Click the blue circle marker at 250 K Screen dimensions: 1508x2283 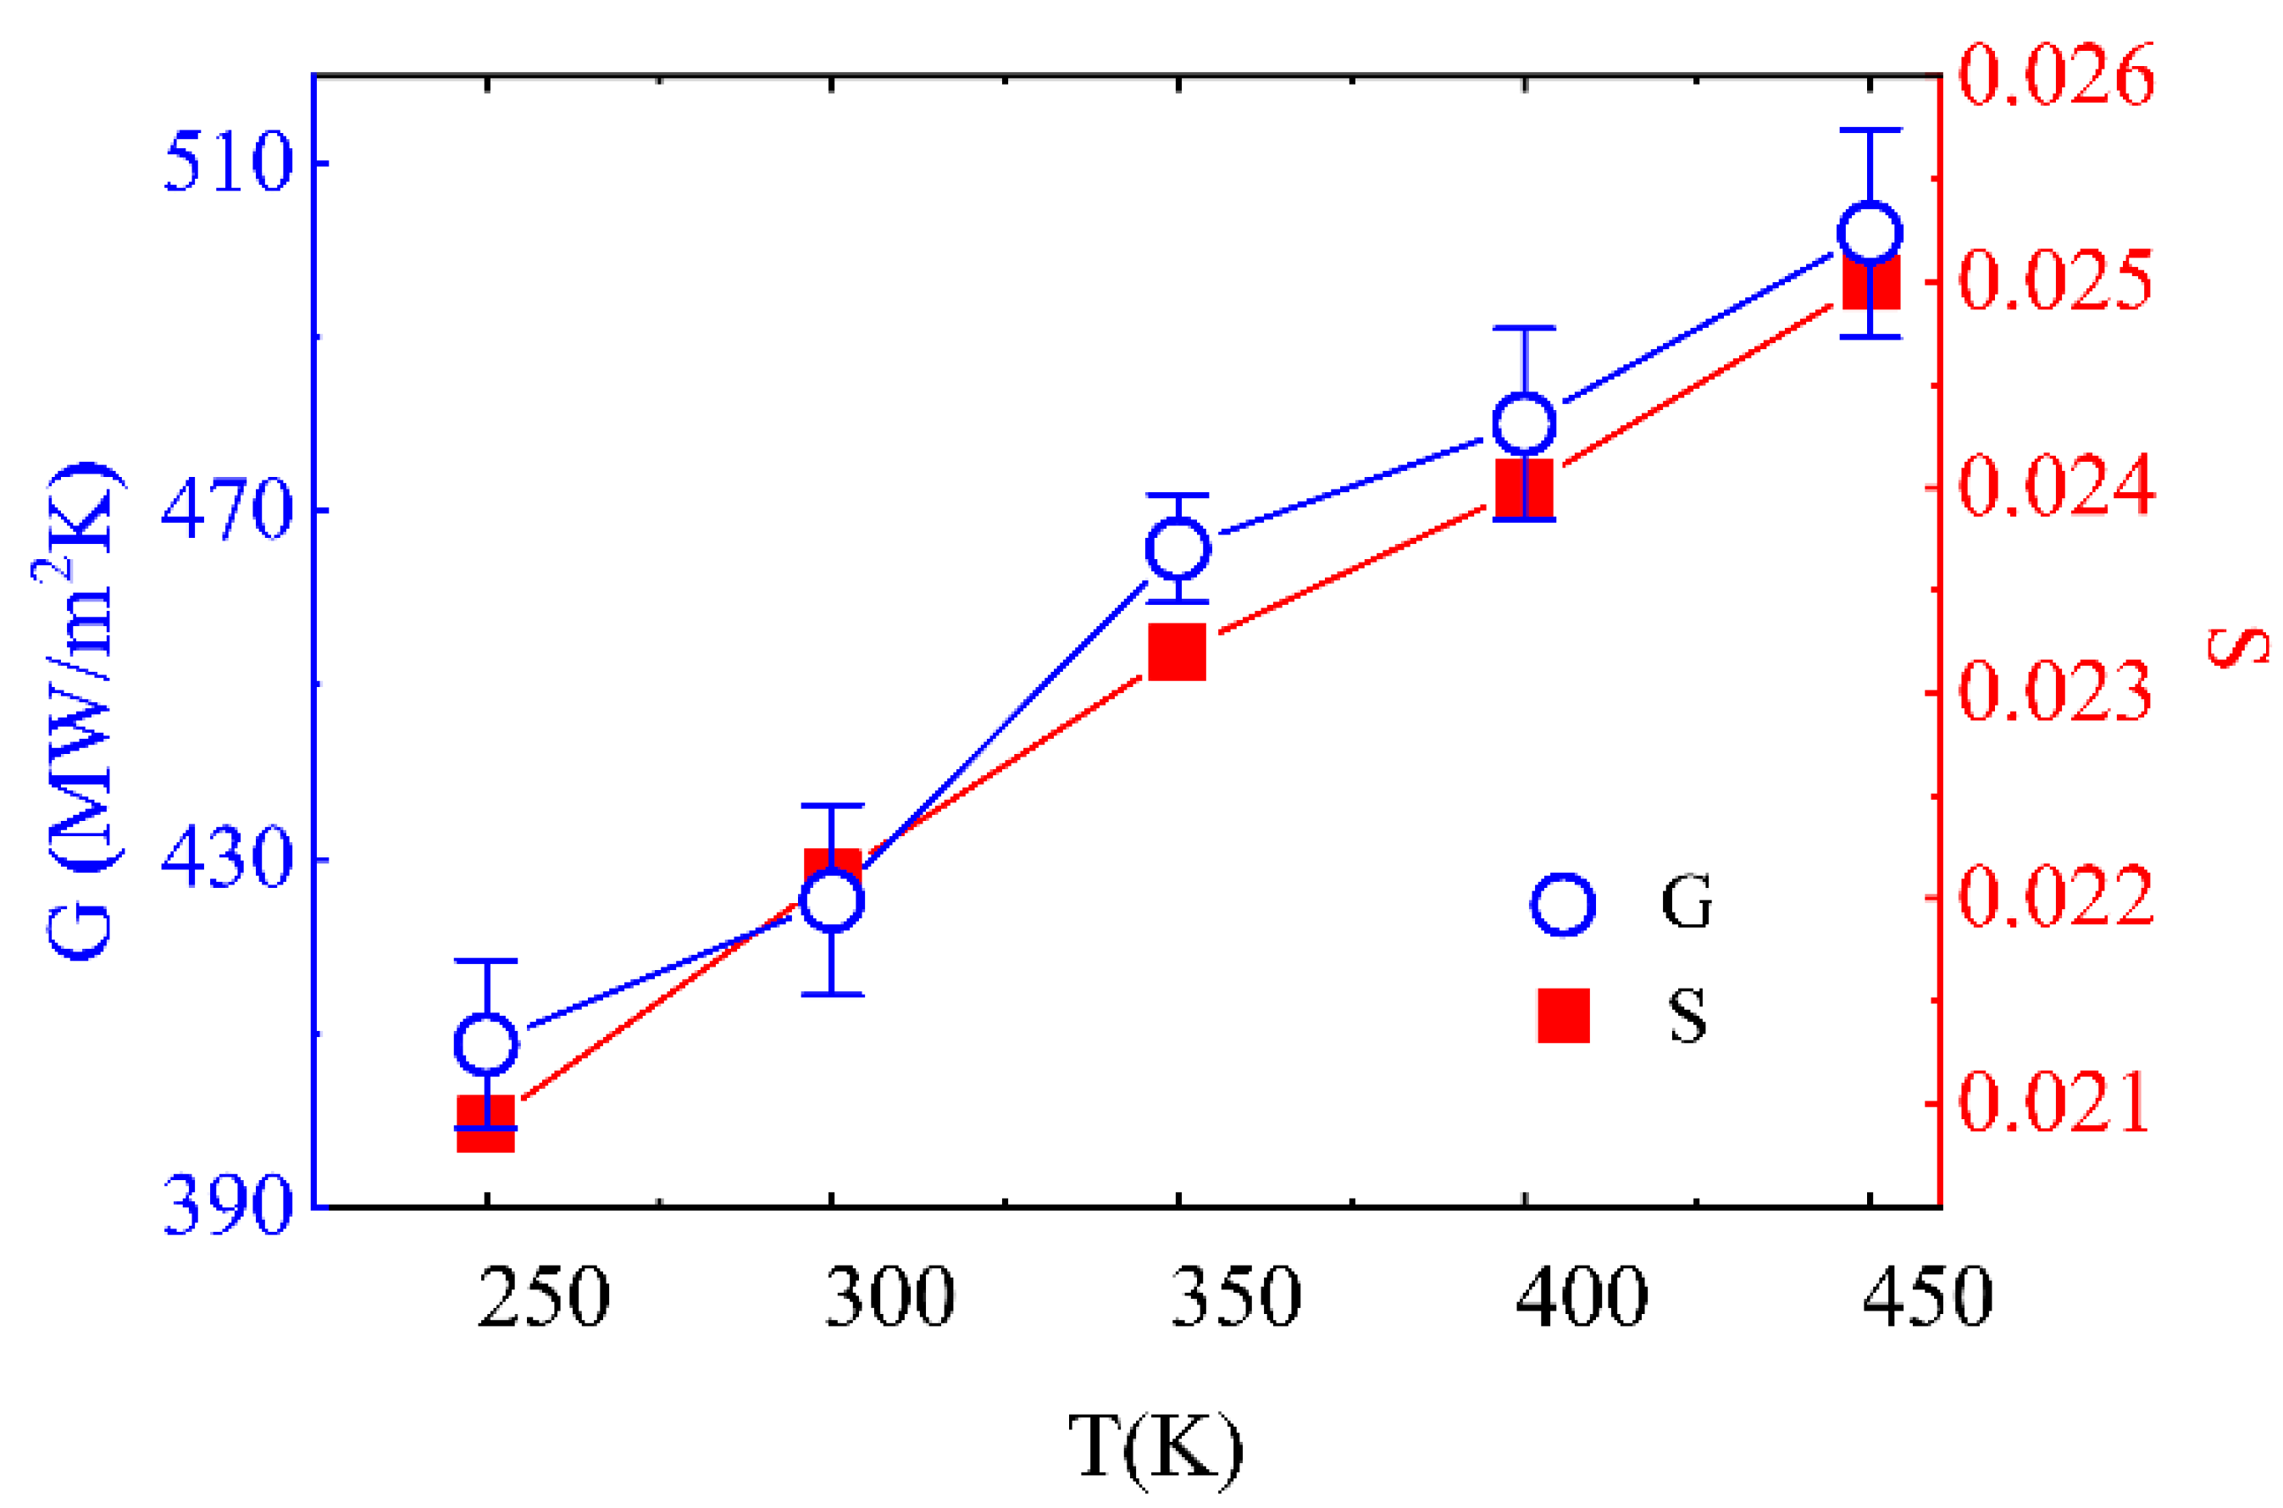point(486,1044)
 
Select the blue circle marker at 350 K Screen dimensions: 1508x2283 point(1178,548)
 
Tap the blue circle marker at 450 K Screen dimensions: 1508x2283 point(1870,234)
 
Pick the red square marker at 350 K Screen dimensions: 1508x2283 point(1178,651)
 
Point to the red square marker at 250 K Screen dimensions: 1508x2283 point(485,1123)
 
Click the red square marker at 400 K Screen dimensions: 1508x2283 point(1525,489)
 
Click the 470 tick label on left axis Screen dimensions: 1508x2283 point(226,510)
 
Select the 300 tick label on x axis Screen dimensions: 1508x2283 point(890,1297)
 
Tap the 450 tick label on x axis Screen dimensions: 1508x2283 point(1928,1297)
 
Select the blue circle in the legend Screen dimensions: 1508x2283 point(1563,904)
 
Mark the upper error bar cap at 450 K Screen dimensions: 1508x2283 point(1870,130)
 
